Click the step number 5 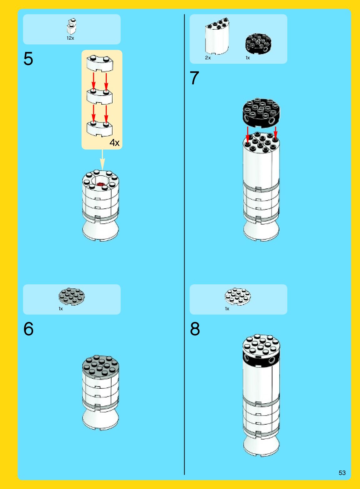tap(28, 59)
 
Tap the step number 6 tap(28, 329)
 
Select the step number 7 tap(194, 78)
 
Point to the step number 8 tap(195, 329)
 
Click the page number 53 tap(342, 473)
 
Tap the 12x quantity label tap(70, 38)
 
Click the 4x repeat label tap(114, 143)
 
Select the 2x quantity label tap(208, 58)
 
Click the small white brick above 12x tap(71, 26)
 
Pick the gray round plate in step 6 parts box tap(72, 296)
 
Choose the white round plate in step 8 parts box tap(238, 296)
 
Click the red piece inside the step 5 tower tap(100, 184)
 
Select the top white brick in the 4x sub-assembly tap(100, 63)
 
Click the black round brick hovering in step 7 tap(261, 112)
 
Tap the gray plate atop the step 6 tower tap(100, 366)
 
